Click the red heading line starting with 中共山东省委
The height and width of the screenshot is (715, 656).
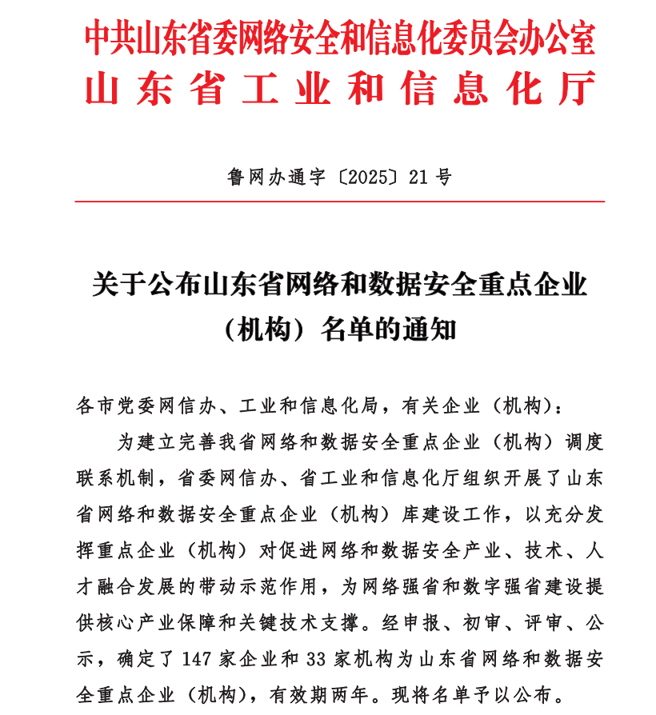339,38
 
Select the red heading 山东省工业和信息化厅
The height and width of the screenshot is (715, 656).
339,89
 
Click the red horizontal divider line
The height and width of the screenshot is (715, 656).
339,202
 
